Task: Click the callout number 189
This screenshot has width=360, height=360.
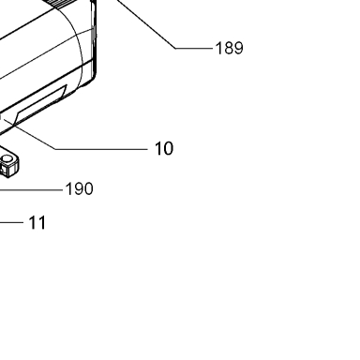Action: point(230,49)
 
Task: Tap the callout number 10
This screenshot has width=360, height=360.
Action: point(164,148)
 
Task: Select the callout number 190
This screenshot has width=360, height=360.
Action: point(79,189)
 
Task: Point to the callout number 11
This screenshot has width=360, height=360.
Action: point(37,223)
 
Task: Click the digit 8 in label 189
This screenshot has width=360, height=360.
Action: point(230,49)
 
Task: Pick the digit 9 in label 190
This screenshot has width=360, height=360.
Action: point(79,189)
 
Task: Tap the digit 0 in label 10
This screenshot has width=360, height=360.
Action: point(168,148)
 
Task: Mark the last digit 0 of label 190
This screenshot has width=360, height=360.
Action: point(88,189)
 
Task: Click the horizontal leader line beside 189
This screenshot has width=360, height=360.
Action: point(194,49)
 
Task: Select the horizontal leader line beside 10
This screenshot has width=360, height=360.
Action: point(101,149)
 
